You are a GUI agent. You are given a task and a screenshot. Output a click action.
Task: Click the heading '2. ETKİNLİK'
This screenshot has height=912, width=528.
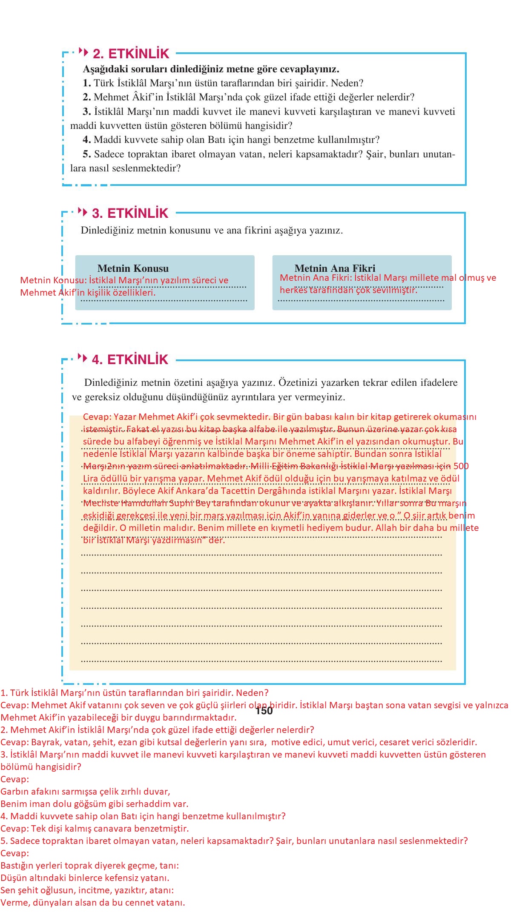131,54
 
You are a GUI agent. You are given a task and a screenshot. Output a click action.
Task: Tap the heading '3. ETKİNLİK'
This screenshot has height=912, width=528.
130,213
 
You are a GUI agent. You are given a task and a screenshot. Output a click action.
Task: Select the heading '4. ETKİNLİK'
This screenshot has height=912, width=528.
130,359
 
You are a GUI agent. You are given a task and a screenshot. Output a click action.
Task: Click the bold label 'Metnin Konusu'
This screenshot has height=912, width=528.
133,268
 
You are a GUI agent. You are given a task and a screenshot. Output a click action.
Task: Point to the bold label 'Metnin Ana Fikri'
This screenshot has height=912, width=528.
335,268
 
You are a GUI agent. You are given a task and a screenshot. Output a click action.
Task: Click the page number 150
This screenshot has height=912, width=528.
264,711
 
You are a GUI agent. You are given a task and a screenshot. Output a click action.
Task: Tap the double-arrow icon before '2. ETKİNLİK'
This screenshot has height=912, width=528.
83,53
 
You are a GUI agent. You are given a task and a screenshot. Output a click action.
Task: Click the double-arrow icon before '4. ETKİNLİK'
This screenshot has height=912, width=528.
83,358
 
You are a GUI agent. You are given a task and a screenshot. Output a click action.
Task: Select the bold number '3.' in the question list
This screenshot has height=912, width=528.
87,111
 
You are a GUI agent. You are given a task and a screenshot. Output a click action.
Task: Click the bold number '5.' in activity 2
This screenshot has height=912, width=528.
87,154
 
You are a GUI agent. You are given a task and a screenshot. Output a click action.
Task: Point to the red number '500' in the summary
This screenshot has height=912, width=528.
461,466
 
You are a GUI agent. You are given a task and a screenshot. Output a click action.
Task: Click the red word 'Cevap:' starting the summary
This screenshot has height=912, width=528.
97,417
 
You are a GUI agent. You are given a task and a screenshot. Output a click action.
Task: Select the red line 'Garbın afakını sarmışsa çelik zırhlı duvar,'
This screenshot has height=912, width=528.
85,792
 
